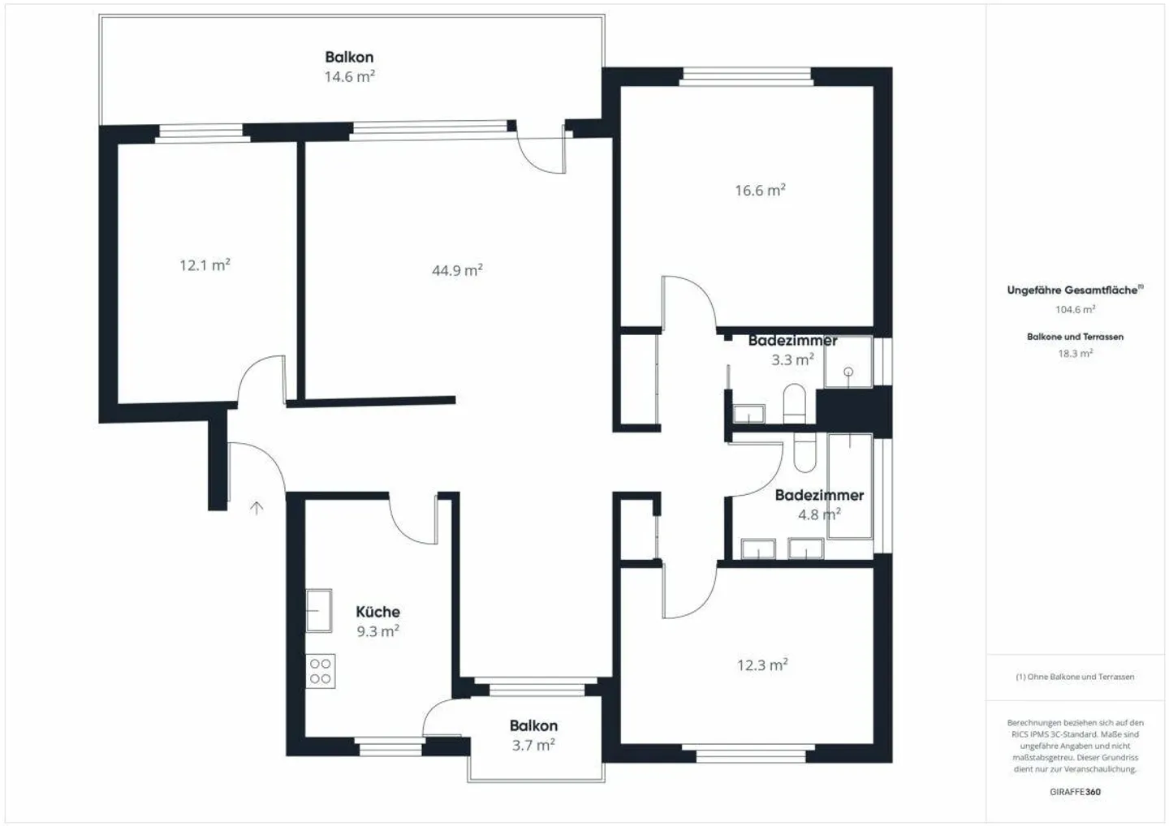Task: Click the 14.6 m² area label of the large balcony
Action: tap(350, 76)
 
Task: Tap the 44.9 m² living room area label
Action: tap(457, 270)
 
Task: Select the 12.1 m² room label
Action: tap(205, 265)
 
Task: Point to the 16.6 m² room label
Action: tap(761, 191)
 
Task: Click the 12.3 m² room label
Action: tap(762, 665)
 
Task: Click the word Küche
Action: tap(377, 612)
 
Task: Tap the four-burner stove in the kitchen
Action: tap(321, 671)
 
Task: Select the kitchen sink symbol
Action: tap(319, 611)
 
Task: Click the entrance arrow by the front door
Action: tap(257, 508)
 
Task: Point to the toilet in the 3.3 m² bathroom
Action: tap(794, 403)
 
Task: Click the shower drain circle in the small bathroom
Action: tap(848, 372)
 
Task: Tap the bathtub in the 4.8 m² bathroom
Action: tap(850, 486)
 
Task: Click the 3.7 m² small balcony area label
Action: tap(533, 745)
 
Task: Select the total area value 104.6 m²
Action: tap(1075, 309)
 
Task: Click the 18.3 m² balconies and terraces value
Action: tap(1075, 353)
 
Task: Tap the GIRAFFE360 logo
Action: tap(1075, 792)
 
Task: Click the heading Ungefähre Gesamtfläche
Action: tap(1075, 290)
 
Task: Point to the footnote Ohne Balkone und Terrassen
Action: tap(1075, 677)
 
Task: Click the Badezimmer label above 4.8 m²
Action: tap(819, 495)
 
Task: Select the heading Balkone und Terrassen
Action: tap(1075, 337)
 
